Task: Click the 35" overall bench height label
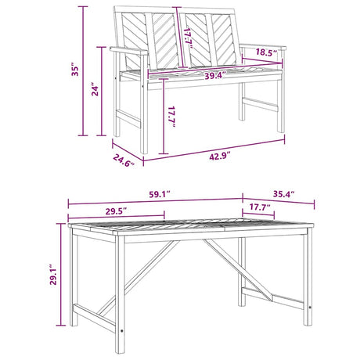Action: coord(75,69)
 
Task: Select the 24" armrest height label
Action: coord(95,90)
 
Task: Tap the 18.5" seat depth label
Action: coord(266,52)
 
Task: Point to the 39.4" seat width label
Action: coord(214,76)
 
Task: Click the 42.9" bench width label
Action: coord(220,157)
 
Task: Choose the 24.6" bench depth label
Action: coord(124,160)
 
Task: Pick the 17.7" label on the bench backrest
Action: coord(189,38)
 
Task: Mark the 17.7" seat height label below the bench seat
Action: coord(171,117)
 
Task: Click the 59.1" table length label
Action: coord(160,195)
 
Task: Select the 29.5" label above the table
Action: coord(116,211)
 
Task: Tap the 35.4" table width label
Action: coord(283,194)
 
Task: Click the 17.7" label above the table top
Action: coord(260,207)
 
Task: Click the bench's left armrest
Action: coord(128,51)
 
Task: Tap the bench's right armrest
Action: coord(264,46)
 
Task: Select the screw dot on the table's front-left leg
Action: coord(121,331)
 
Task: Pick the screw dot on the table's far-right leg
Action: coord(310,307)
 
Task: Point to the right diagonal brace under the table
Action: coord(238,271)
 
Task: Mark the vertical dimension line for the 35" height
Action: coord(83,71)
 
